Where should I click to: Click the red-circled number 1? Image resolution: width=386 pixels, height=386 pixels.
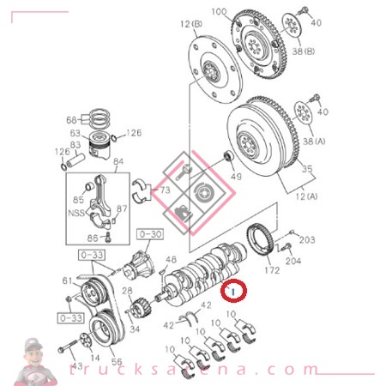click(235, 292)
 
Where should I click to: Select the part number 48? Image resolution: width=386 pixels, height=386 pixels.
click(172, 259)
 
